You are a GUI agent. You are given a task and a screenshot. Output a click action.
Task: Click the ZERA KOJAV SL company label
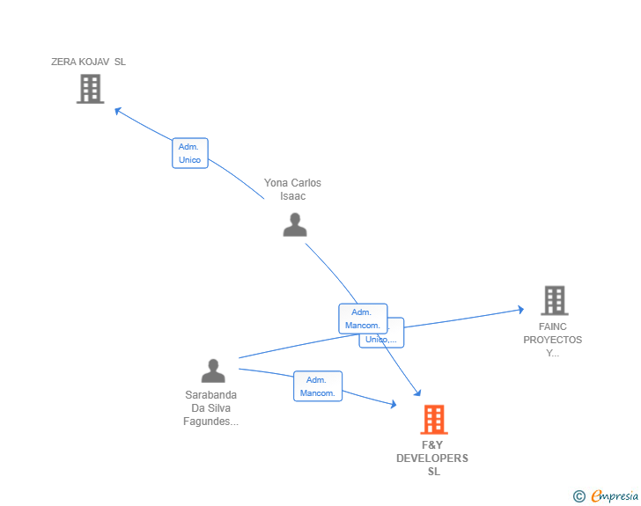point(88,62)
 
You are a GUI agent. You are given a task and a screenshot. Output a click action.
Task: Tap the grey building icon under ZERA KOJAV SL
point(90,89)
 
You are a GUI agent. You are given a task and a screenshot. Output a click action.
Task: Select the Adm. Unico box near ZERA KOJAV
point(189,153)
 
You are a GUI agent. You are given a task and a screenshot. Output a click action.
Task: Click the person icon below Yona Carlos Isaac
point(295,224)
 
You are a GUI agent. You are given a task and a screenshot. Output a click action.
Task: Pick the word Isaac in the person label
point(292,196)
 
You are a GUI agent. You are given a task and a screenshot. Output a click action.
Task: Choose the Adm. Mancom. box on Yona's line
point(362,319)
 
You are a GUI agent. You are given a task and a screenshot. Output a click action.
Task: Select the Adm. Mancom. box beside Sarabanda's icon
point(317,386)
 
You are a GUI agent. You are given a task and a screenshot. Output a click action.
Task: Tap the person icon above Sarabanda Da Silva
point(213,370)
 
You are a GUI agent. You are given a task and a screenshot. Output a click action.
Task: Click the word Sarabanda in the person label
point(211,395)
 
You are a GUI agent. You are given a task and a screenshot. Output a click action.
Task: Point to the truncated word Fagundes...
point(211,422)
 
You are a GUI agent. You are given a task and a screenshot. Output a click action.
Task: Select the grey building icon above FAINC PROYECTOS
point(554,301)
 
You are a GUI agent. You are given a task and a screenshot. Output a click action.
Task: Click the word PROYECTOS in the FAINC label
point(553,340)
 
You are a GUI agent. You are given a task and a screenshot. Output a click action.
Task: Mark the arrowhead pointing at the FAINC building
point(520,309)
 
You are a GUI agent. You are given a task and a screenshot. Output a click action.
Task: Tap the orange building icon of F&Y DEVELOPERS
point(433,420)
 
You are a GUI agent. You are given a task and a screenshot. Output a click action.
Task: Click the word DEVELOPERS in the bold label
point(432,458)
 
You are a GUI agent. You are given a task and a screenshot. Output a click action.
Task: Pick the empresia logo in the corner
point(615,496)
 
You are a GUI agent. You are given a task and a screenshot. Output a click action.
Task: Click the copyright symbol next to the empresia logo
point(579,497)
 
